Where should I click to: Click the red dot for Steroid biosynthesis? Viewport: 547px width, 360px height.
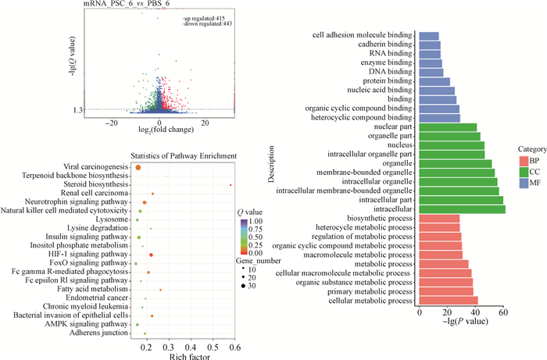[x=231, y=184]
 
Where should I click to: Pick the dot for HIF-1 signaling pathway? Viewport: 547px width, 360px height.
[x=151, y=255]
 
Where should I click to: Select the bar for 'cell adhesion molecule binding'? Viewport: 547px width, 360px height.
[x=429, y=36]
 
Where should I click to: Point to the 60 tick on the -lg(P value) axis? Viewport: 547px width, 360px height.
[x=503, y=312]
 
